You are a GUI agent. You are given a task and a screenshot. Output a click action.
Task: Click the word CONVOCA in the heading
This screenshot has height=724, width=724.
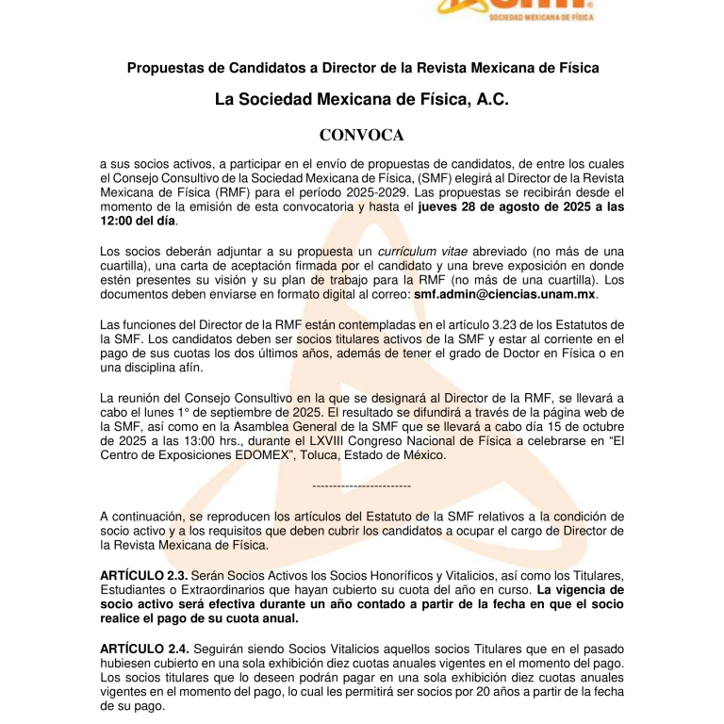pyautogui.click(x=361, y=135)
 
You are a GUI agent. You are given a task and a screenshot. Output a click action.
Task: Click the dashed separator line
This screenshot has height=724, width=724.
pyautogui.click(x=361, y=485)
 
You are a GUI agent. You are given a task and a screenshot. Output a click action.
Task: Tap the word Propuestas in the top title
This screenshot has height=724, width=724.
pyautogui.click(x=166, y=68)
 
